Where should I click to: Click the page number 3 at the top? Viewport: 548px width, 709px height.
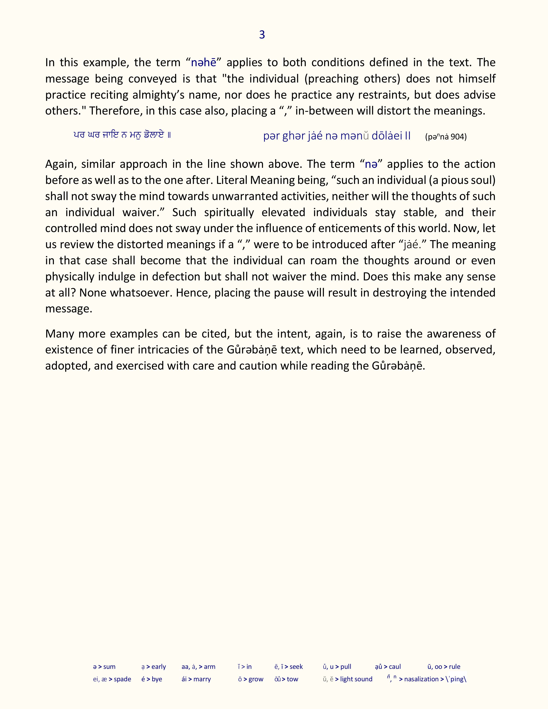262,35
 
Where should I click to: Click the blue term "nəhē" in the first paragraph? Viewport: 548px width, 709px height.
204,63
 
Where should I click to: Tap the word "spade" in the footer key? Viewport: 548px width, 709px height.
122,679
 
